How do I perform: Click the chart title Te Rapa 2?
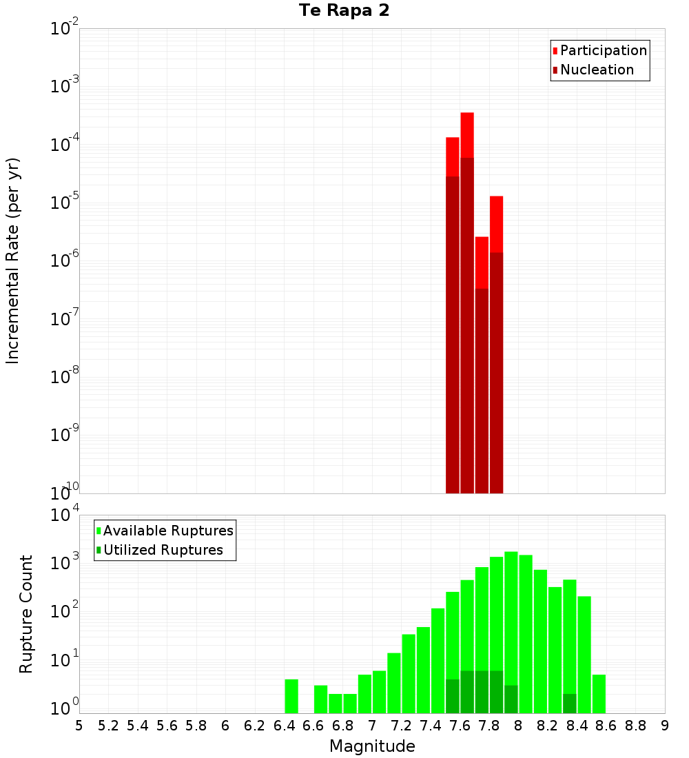point(344,11)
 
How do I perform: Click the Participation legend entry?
point(603,51)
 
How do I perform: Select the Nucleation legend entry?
point(596,70)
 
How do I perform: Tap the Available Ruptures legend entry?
point(167,531)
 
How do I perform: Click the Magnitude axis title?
point(372,746)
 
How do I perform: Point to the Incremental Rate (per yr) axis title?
point(13,260)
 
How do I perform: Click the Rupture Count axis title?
point(26,614)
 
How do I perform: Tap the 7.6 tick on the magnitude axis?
point(460,726)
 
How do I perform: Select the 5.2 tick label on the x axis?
point(108,726)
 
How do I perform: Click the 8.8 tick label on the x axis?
point(635,726)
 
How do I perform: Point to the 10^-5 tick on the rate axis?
point(63,203)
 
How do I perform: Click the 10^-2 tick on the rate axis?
point(63,29)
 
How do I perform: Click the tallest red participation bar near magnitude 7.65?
point(467,135)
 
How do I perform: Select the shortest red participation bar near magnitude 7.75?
point(482,262)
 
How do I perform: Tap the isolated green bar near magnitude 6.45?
point(291,696)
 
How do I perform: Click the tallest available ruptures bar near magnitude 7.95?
point(511,620)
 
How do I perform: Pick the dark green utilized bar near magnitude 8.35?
point(570,704)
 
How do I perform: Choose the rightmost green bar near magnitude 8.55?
point(599,694)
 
